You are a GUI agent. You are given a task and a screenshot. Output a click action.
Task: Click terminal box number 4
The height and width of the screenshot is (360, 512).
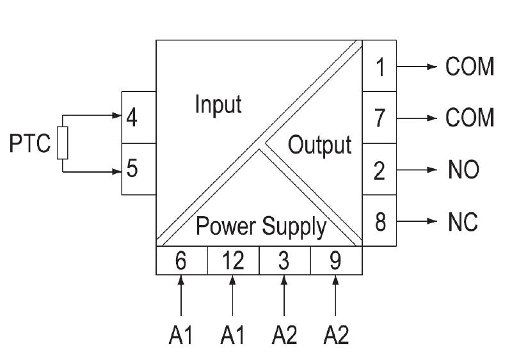click(x=138, y=118)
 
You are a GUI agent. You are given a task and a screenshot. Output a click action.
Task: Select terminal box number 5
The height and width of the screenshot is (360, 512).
click(x=138, y=169)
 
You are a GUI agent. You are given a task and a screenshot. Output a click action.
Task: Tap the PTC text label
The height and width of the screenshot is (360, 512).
click(x=29, y=144)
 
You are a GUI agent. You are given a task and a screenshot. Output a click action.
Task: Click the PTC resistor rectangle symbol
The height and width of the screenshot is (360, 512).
click(x=62, y=143)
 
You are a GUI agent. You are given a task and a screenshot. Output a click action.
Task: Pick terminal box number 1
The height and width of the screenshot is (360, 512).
click(x=380, y=66)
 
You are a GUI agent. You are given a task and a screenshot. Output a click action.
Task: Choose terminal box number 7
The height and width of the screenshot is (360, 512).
click(x=380, y=118)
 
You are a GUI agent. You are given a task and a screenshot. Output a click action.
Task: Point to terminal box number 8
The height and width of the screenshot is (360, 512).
click(x=380, y=223)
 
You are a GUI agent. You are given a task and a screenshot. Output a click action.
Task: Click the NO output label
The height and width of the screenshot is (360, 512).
click(x=463, y=171)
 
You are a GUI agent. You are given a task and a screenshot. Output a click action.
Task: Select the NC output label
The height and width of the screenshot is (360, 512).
click(x=462, y=223)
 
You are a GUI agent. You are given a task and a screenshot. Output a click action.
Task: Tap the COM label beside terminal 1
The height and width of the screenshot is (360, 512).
click(x=470, y=66)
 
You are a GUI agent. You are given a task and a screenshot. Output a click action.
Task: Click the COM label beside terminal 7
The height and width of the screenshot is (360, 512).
click(x=470, y=118)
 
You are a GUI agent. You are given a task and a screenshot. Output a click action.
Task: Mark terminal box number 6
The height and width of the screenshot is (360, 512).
click(x=182, y=260)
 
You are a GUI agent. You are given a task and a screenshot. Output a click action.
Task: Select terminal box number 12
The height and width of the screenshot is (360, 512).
click(x=233, y=260)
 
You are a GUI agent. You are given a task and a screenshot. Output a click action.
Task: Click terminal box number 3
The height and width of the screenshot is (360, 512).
click(x=285, y=260)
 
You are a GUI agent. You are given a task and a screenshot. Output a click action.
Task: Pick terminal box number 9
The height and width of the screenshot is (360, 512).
click(x=336, y=260)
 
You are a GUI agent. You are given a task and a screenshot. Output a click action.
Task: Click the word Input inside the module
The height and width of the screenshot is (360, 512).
click(x=218, y=104)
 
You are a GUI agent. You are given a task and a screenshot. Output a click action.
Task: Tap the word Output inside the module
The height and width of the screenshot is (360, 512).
click(x=319, y=145)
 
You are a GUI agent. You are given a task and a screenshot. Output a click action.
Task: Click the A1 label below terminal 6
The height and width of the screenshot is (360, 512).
click(x=181, y=334)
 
